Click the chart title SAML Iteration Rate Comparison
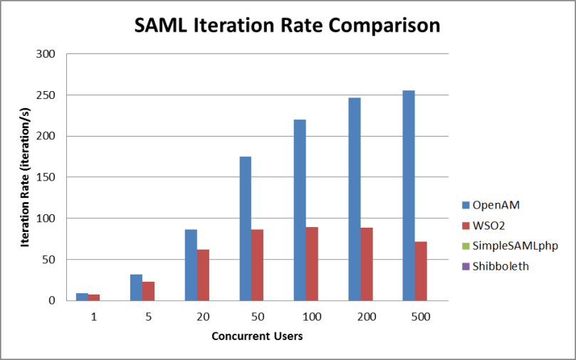[288, 26]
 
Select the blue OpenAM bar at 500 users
[408, 196]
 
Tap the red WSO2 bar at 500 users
[421, 271]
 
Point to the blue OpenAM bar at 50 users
[245, 228]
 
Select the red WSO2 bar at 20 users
[203, 275]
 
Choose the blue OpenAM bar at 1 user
[82, 297]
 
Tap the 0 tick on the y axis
[52, 301]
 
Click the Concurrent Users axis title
[257, 336]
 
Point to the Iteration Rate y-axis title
[26, 178]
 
